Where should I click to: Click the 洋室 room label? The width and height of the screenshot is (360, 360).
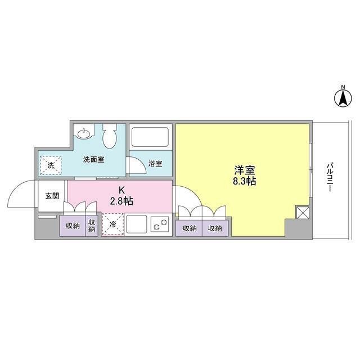click(x=242, y=168)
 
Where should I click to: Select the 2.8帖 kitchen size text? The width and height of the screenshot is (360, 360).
click(x=121, y=200)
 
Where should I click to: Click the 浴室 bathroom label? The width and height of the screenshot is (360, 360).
click(x=155, y=164)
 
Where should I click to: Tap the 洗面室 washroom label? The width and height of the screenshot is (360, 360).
click(x=93, y=160)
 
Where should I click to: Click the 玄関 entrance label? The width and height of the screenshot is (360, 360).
click(x=52, y=196)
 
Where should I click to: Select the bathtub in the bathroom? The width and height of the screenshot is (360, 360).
click(x=149, y=137)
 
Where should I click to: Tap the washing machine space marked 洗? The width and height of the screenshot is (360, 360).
click(x=51, y=166)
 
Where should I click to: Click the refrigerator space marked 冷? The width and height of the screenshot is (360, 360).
click(x=112, y=225)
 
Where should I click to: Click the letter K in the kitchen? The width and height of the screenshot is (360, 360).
click(x=121, y=190)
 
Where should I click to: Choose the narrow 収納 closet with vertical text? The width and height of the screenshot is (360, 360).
click(x=92, y=226)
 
